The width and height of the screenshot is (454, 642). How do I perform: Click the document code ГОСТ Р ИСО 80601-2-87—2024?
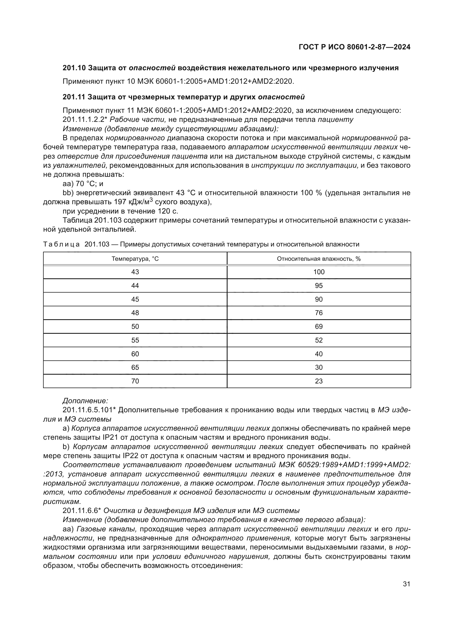click(354, 47)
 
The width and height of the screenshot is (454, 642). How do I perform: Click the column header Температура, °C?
click(135, 259)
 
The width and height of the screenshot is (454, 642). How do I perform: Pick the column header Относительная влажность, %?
click(319, 259)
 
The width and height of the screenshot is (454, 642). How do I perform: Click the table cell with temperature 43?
click(135, 272)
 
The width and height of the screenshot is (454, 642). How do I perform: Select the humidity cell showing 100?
click(319, 272)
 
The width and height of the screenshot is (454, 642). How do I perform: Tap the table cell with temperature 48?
click(135, 313)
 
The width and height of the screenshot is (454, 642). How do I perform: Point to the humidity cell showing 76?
click(319, 313)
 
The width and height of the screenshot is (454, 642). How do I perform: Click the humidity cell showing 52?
click(319, 340)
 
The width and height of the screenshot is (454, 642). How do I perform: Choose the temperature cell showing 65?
click(135, 367)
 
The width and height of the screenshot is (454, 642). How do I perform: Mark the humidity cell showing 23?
click(319, 381)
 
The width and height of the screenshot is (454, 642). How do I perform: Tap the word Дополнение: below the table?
click(85, 401)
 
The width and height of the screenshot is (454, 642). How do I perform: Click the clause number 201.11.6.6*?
click(81, 510)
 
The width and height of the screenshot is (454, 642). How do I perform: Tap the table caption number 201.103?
click(97, 244)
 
